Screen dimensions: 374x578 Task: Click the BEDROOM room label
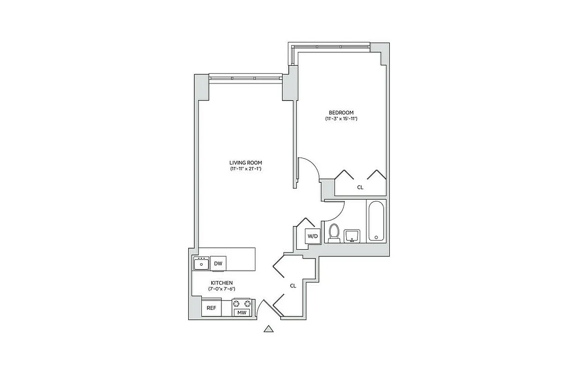tap(341, 112)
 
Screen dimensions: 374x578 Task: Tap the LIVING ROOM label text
tap(245, 162)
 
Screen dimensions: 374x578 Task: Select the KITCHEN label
tap(221, 283)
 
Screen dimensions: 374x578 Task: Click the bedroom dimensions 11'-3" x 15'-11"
tap(341, 119)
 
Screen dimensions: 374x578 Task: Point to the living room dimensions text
tap(245, 168)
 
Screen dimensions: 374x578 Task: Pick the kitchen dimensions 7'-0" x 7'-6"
tap(221, 289)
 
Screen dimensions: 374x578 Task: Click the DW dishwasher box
tap(218, 264)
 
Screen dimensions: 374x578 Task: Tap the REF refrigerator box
tap(211, 308)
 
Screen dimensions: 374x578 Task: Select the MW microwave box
tap(242, 312)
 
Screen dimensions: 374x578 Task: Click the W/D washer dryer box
tap(312, 236)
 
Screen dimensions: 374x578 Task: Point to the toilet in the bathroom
tap(334, 233)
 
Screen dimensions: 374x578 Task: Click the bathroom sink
tap(352, 236)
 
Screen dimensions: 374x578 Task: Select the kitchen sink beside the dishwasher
tap(201, 264)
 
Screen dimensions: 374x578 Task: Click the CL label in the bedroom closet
tap(360, 187)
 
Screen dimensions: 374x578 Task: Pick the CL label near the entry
tap(293, 285)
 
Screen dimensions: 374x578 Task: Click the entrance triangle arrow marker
tap(268, 329)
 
